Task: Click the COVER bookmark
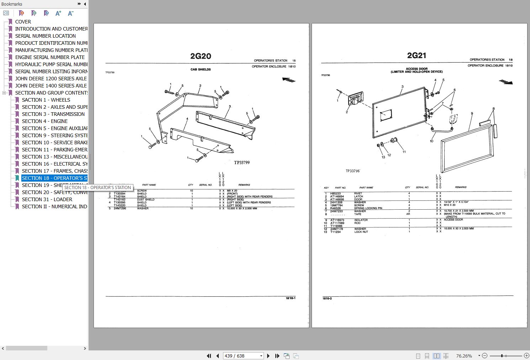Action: pyautogui.click(x=23, y=22)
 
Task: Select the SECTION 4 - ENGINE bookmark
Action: pyautogui.click(x=44, y=121)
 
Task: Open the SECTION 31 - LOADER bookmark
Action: pyautogui.click(x=47, y=199)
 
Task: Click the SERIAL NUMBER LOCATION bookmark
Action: pyautogui.click(x=45, y=36)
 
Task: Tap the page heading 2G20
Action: pyautogui.click(x=201, y=56)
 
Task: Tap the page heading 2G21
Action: pyautogui.click(x=417, y=55)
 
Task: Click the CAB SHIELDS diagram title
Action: pyautogui.click(x=201, y=69)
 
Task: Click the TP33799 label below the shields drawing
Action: pyautogui.click(x=242, y=162)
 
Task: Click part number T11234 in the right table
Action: pyautogui.click(x=335, y=232)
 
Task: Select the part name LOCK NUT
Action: pyautogui.click(x=361, y=232)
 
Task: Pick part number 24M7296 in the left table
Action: pyautogui.click(x=120, y=208)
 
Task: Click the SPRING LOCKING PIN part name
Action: pyautogui.click(x=368, y=208)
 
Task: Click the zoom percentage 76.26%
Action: pyautogui.click(x=464, y=356)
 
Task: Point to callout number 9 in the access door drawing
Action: pyautogui.click(x=472, y=114)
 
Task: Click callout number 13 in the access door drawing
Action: pyautogui.click(x=383, y=157)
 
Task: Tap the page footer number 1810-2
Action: pyautogui.click(x=327, y=299)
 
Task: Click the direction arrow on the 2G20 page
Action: pyautogui.click(x=289, y=80)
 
